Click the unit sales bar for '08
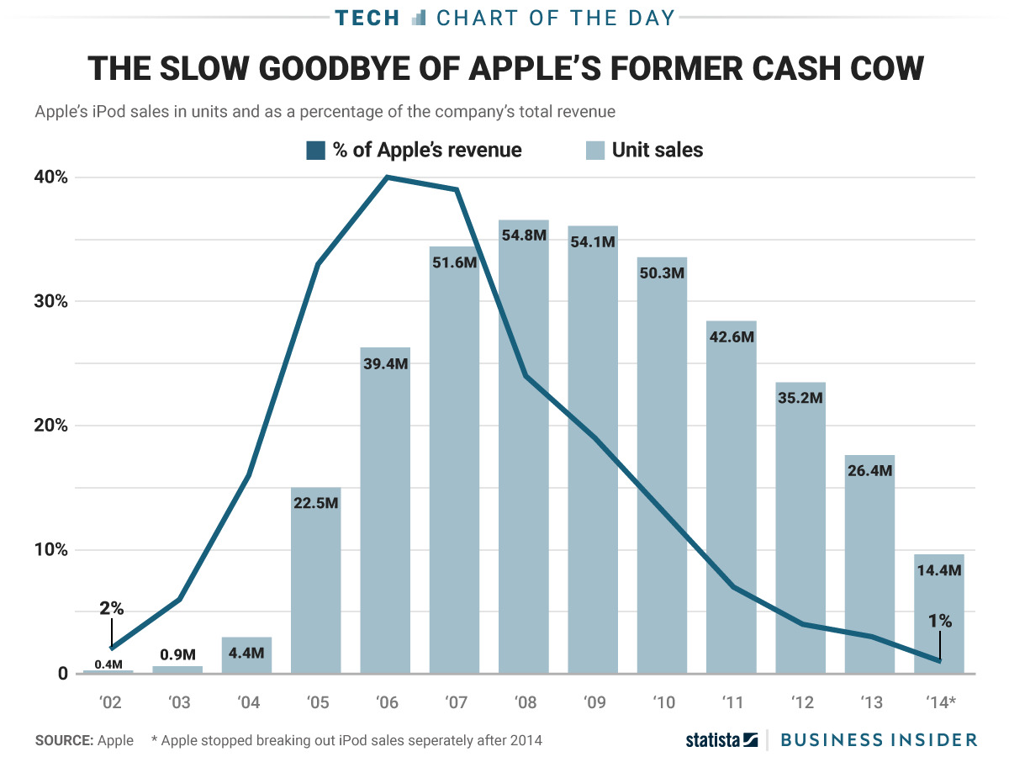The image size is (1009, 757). click(523, 446)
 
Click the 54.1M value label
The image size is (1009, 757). click(593, 241)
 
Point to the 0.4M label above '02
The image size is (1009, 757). click(108, 664)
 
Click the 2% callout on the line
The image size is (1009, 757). click(111, 608)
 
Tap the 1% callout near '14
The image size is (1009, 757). click(940, 622)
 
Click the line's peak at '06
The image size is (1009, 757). click(386, 177)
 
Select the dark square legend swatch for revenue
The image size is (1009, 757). click(315, 151)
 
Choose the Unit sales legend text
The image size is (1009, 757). click(658, 151)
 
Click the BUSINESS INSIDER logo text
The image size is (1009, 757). click(879, 739)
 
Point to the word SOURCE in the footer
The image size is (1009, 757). click(64, 740)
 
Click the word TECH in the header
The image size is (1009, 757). click(367, 18)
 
